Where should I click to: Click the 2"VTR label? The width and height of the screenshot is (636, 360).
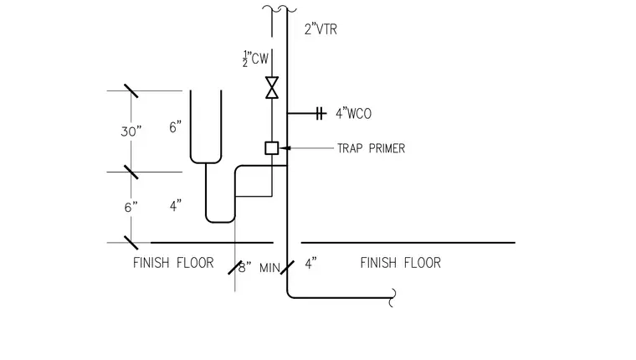[x=321, y=29]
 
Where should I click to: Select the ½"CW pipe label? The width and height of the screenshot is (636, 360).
[x=255, y=59]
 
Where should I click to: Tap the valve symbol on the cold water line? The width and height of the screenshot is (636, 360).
[x=272, y=87]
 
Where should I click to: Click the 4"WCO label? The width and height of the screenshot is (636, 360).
[x=353, y=114]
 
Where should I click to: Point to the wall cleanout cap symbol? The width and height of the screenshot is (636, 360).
[x=321, y=114]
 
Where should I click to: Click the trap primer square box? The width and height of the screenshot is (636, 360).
[x=272, y=148]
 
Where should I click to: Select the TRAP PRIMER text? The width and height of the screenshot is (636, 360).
[x=371, y=148]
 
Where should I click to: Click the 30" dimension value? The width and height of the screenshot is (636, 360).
[x=131, y=131]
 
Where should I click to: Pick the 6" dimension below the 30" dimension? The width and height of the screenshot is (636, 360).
[x=131, y=208]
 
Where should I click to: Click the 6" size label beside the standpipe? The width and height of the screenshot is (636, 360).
[x=175, y=127]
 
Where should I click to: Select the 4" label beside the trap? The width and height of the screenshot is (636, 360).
[x=176, y=206]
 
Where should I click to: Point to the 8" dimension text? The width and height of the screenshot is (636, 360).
[x=244, y=267]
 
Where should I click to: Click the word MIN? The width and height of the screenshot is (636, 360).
[x=269, y=268]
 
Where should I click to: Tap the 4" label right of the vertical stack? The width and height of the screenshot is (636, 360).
[x=310, y=264]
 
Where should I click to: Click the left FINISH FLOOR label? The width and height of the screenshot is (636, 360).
[x=173, y=263]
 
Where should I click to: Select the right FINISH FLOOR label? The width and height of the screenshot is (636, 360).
[x=400, y=263]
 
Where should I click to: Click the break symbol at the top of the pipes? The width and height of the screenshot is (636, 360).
[x=279, y=8]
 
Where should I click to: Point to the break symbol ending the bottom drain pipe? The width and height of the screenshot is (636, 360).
[x=392, y=298]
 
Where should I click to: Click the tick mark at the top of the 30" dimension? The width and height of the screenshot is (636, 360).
[x=131, y=91]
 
